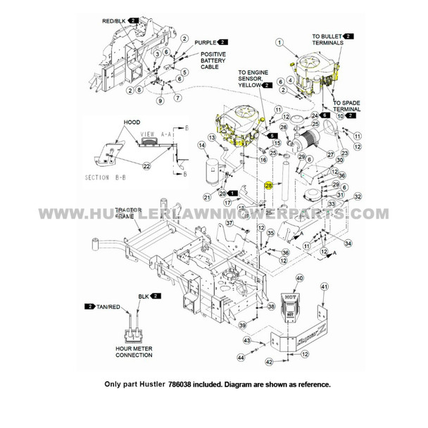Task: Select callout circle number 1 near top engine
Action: (279, 42)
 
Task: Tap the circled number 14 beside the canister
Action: (201, 146)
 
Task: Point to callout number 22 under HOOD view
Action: (146, 166)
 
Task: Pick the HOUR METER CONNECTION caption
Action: (134, 351)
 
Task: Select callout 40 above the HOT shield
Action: (299, 279)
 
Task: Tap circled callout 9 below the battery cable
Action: (160, 101)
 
